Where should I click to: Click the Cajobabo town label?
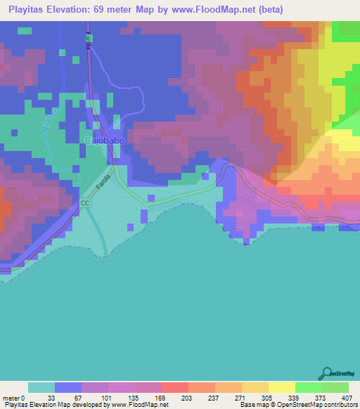pyautogui.click(x=105, y=141)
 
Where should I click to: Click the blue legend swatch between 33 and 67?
pyautogui.click(x=68, y=387)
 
